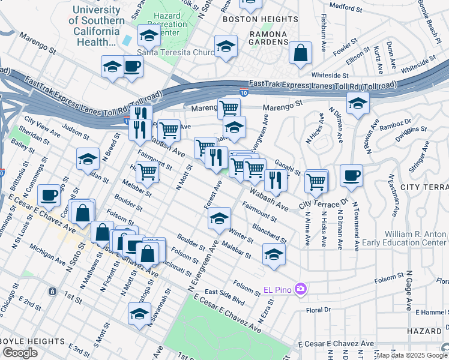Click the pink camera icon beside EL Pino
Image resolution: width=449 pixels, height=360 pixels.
pyautogui.click(x=300, y=290)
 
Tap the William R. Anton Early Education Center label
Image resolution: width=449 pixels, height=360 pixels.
pyautogui.click(x=408, y=238)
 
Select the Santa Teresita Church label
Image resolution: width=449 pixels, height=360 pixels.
pyautogui.click(x=176, y=52)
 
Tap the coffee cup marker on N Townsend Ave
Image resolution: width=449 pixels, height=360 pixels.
pyautogui.click(x=351, y=176)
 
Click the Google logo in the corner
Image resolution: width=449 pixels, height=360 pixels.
pyautogui.click(x=20, y=353)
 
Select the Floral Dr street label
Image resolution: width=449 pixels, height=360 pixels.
pyautogui.click(x=319, y=311)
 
